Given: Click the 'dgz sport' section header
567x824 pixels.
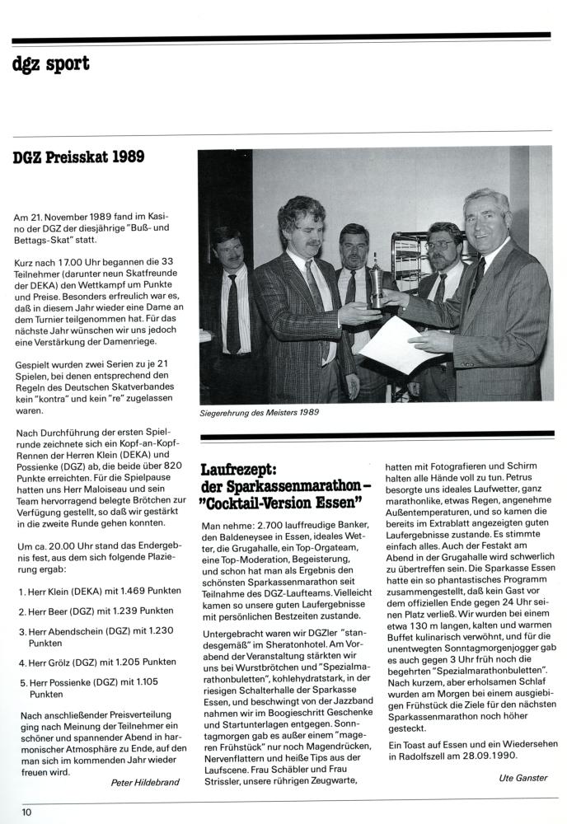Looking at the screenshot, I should click(x=50, y=64).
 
